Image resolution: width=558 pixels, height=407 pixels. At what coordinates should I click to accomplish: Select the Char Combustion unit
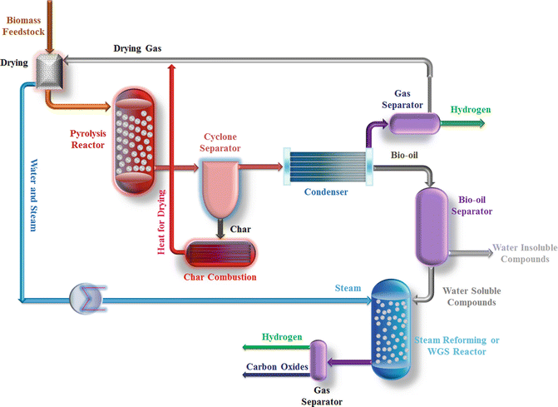pos(220,252)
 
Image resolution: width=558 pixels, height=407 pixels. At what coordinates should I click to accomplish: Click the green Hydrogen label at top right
pos(470,109)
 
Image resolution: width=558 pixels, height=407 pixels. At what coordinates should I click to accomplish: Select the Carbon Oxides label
pos(276,365)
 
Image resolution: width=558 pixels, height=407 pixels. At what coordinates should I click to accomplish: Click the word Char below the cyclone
pos(240,228)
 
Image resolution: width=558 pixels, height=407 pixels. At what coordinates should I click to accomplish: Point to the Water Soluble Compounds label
pos(472,296)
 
